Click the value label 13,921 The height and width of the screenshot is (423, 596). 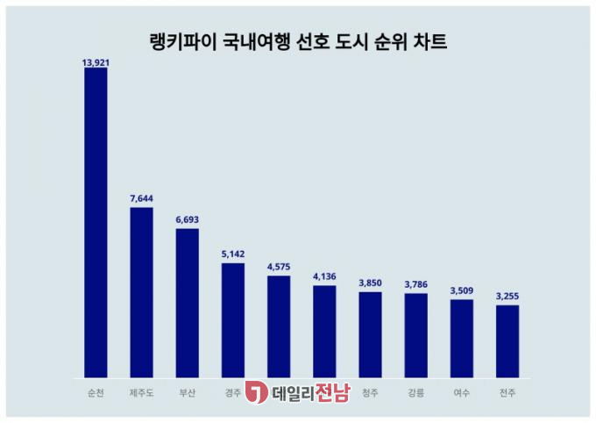[96, 62]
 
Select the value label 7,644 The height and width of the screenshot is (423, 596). [141, 201]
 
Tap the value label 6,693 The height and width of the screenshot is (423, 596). [188, 222]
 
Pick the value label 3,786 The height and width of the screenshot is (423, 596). [416, 286]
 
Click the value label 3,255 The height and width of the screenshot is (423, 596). [507, 298]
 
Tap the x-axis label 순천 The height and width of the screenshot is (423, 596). [96, 392]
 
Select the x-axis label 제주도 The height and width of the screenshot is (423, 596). [141, 392]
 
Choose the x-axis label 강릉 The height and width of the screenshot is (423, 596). [416, 392]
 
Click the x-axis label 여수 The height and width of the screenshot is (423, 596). [462, 392]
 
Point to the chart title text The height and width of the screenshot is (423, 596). [298, 39]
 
